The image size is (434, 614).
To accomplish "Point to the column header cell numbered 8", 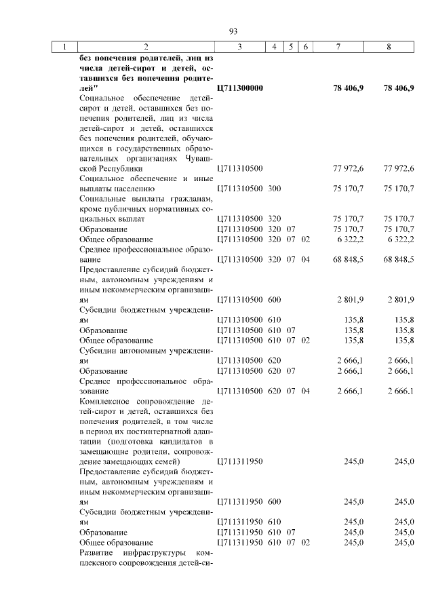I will [389, 47].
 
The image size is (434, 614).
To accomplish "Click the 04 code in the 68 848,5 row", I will [306, 259].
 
